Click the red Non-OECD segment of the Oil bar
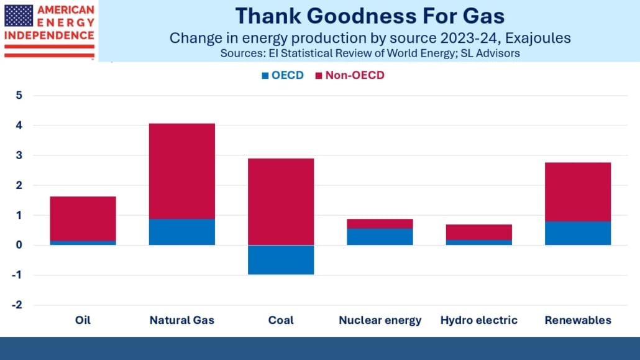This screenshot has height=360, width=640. point(83,219)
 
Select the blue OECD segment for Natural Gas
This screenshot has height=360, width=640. point(182,232)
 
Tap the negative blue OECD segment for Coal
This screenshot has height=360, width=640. point(281,260)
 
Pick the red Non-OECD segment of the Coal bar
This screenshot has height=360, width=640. point(281,202)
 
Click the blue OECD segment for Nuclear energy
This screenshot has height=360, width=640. point(380,237)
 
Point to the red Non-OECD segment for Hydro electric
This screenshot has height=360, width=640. point(479,232)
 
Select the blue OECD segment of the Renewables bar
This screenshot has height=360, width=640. point(578,233)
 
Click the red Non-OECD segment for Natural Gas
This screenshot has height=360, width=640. point(182,171)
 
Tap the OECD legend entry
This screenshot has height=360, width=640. point(283,75)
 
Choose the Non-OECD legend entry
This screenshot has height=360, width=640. point(350,75)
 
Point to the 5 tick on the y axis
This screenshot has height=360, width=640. point(19,95)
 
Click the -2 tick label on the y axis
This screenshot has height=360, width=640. point(17,305)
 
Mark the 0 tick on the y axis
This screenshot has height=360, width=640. point(19,245)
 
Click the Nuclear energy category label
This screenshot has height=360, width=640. point(380,320)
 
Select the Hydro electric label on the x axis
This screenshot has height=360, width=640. point(479,320)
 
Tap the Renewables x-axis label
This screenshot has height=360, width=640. point(578,320)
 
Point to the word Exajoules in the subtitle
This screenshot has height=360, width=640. point(538,38)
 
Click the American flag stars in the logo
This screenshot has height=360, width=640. point(19,16)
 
